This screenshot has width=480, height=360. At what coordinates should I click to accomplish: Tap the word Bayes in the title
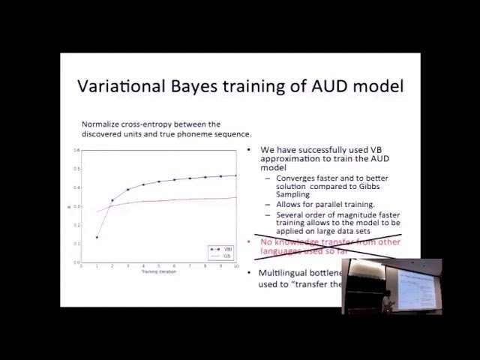coord(198,85)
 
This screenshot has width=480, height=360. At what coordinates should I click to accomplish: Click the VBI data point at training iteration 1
coord(97,237)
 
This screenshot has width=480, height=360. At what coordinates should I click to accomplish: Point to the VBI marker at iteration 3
coord(127,190)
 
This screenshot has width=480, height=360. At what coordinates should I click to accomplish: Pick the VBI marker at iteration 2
coord(112,200)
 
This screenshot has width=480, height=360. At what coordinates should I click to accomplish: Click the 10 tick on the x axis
coord(236,265)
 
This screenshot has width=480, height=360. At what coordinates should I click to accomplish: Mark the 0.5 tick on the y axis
coord(76,169)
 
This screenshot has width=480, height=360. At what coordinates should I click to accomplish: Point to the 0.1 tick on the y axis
coord(76,243)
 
